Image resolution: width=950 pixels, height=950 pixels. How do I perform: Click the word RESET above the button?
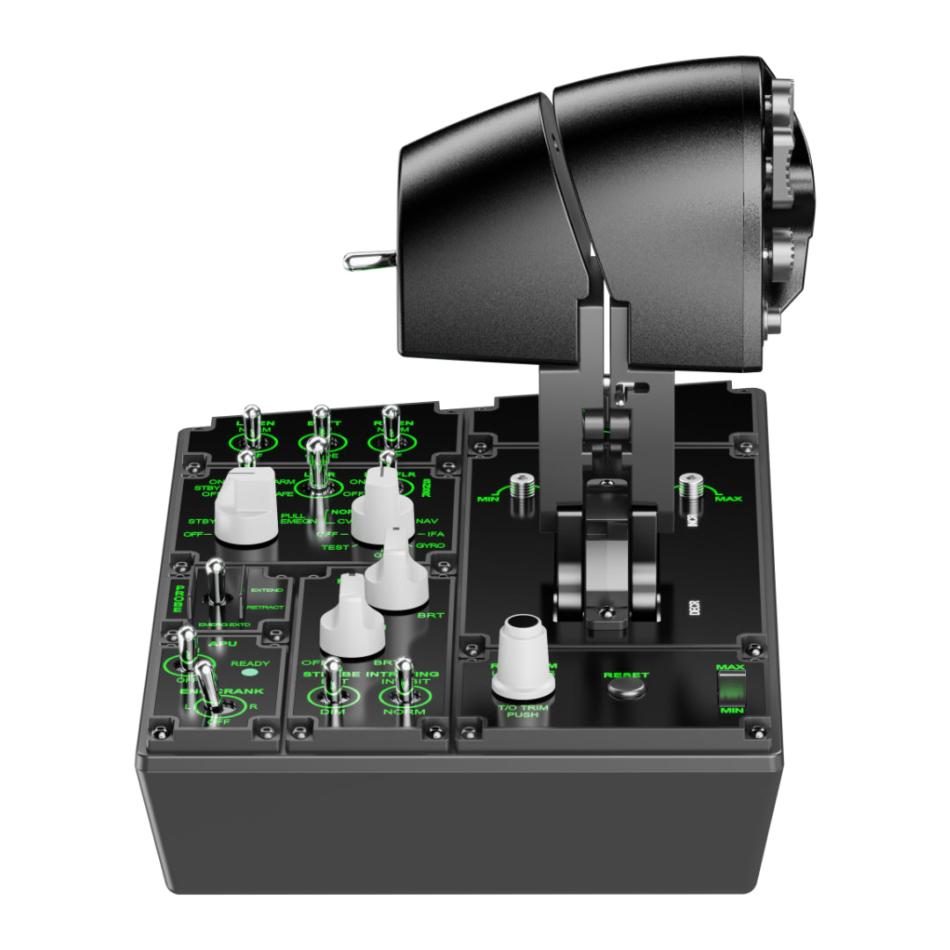(x=626, y=676)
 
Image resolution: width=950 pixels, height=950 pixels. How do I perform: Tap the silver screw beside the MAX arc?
(x=690, y=486)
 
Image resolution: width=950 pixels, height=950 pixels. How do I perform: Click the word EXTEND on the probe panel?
(x=266, y=589)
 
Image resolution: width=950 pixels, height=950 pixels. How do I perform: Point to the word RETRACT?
(x=265, y=607)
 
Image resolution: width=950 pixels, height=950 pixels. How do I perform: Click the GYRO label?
(x=430, y=546)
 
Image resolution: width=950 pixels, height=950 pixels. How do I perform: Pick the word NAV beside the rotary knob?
(x=427, y=521)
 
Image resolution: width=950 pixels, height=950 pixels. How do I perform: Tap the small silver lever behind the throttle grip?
(x=362, y=259)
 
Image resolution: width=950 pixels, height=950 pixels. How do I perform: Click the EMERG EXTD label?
(x=223, y=625)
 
